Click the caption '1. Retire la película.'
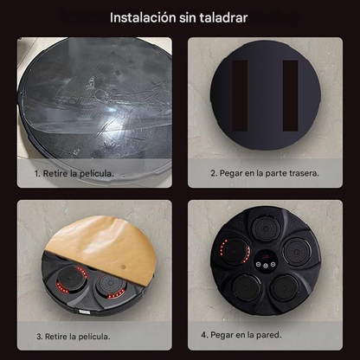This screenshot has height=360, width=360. (74, 173)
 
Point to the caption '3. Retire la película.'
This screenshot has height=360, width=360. (73, 336)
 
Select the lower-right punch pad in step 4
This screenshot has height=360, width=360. (287, 290)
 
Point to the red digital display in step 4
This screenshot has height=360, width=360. (266, 257)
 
